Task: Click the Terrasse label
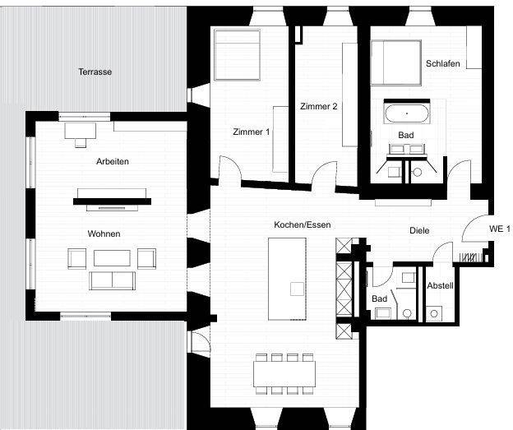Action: pyautogui.click(x=95, y=72)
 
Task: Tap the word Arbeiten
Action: pyautogui.click(x=113, y=162)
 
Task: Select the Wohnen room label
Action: pyautogui.click(x=104, y=234)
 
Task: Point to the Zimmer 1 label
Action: pyautogui.click(x=251, y=132)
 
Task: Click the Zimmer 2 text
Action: pyautogui.click(x=318, y=107)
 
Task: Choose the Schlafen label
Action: pyautogui.click(x=442, y=64)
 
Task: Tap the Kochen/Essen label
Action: pyautogui.click(x=299, y=224)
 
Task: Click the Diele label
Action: pyautogui.click(x=419, y=231)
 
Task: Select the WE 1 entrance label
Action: pyautogui.click(x=500, y=229)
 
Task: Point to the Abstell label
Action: pyautogui.click(x=440, y=285)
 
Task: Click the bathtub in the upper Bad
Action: pyautogui.click(x=404, y=113)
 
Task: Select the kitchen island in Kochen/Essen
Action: pyautogui.click(x=287, y=279)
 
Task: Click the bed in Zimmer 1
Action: pyautogui.click(x=237, y=56)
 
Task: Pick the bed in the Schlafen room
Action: pyautogui.click(x=395, y=62)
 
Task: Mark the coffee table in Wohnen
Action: pyautogui.click(x=111, y=258)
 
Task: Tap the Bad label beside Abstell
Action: pyautogui.click(x=379, y=298)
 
